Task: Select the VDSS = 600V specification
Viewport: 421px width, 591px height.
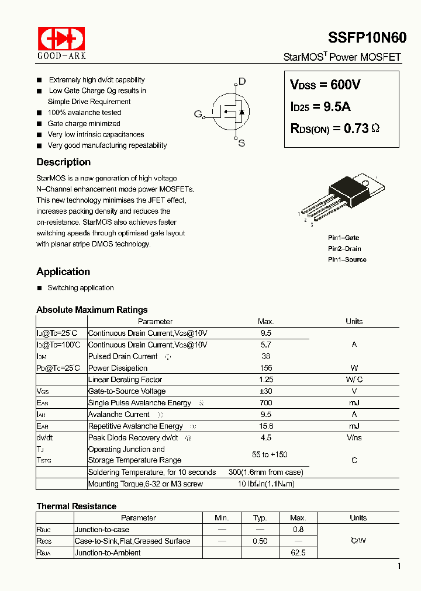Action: pos(325,85)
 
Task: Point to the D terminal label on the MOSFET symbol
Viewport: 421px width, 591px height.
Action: pos(242,81)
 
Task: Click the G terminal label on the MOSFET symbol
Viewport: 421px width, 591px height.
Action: pos(198,114)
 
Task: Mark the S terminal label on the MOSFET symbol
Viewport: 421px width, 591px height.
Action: pos(241,143)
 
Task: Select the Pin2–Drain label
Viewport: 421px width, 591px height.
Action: pos(344,249)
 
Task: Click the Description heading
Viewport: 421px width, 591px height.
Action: pos(63,162)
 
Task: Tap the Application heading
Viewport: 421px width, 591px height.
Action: pos(63,272)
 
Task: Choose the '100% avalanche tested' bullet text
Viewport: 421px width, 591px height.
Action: pos(85,113)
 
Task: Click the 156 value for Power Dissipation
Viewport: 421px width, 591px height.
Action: pos(265,368)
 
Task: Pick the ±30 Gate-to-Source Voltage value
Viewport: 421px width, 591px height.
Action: pos(265,391)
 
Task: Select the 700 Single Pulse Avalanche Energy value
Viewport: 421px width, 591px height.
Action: pos(265,403)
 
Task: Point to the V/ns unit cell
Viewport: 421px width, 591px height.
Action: pos(354,438)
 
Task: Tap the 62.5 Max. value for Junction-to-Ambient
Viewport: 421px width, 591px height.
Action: pos(298,552)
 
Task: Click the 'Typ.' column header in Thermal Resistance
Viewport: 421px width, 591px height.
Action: pos(260,518)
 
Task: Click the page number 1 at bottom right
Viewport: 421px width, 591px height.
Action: pos(399,566)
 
